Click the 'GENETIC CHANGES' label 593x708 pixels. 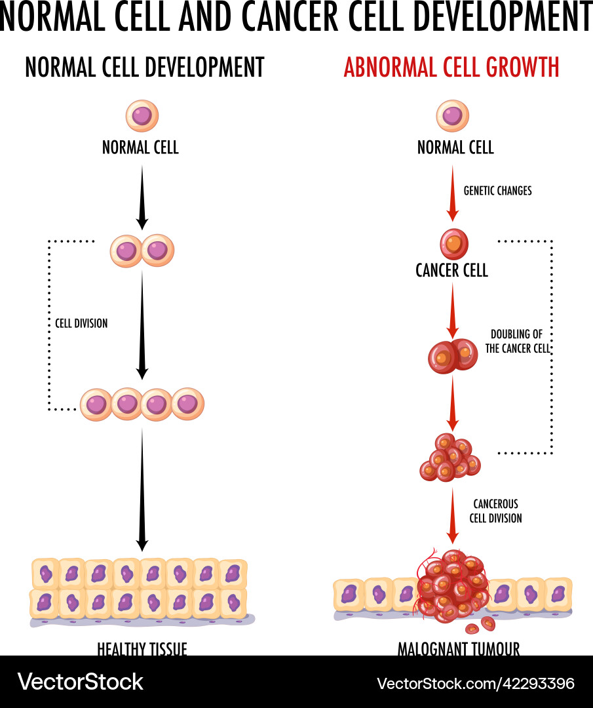[x=497, y=191]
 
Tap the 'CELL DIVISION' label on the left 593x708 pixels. [x=81, y=323]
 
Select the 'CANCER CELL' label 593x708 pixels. [x=451, y=270]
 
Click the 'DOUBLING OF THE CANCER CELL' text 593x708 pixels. [x=517, y=342]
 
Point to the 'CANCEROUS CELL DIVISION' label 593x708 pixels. [x=495, y=511]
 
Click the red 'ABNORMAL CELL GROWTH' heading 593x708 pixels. [x=451, y=68]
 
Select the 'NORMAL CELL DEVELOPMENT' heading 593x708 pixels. [x=145, y=68]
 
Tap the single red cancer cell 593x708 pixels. [x=453, y=244]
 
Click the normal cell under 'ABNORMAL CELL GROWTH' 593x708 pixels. [x=453, y=116]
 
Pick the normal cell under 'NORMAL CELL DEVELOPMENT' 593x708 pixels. [x=142, y=116]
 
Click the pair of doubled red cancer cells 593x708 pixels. [x=453, y=355]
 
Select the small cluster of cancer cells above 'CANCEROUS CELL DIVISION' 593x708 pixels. [x=450, y=457]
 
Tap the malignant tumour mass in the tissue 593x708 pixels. [x=452, y=585]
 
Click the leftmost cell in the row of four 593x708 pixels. [x=96, y=404]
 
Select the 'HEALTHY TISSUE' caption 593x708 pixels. [x=142, y=648]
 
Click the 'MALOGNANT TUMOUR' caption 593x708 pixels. [x=458, y=648]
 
